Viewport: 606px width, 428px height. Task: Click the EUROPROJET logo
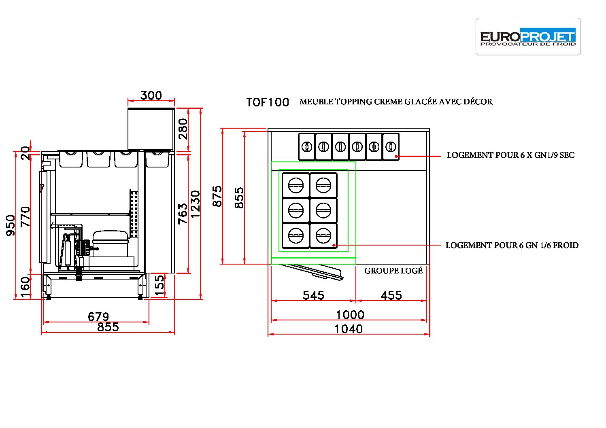pyautogui.click(x=528, y=36)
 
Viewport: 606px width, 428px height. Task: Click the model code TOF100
pyautogui.click(x=268, y=102)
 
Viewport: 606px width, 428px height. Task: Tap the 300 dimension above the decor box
pyautogui.click(x=151, y=95)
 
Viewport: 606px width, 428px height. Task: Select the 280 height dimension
pyautogui.click(x=183, y=129)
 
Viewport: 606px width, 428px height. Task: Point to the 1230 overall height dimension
pyautogui.click(x=195, y=204)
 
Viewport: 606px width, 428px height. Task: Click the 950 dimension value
pyautogui.click(x=11, y=225)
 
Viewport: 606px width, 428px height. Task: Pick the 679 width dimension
pyautogui.click(x=98, y=317)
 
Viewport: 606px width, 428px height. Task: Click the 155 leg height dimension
pyautogui.click(x=159, y=286)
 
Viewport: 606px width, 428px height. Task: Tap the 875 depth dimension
pyautogui.click(x=217, y=196)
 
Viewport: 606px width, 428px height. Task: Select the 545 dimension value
pyautogui.click(x=313, y=295)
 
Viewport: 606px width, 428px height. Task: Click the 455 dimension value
pyautogui.click(x=391, y=295)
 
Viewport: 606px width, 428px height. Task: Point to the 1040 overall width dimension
pyautogui.click(x=349, y=329)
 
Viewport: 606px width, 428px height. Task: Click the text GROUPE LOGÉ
pyautogui.click(x=393, y=270)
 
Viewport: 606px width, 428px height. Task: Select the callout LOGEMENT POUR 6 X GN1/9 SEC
pyautogui.click(x=510, y=155)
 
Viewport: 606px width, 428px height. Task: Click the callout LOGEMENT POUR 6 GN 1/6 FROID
pyautogui.click(x=512, y=245)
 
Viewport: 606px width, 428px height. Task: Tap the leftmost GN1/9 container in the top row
pyautogui.click(x=306, y=147)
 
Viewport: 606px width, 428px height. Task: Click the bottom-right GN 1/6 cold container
pyautogui.click(x=323, y=235)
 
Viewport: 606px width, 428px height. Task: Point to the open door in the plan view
pyautogui.click(x=311, y=271)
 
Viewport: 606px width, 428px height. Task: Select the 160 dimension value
pyautogui.click(x=25, y=287)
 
